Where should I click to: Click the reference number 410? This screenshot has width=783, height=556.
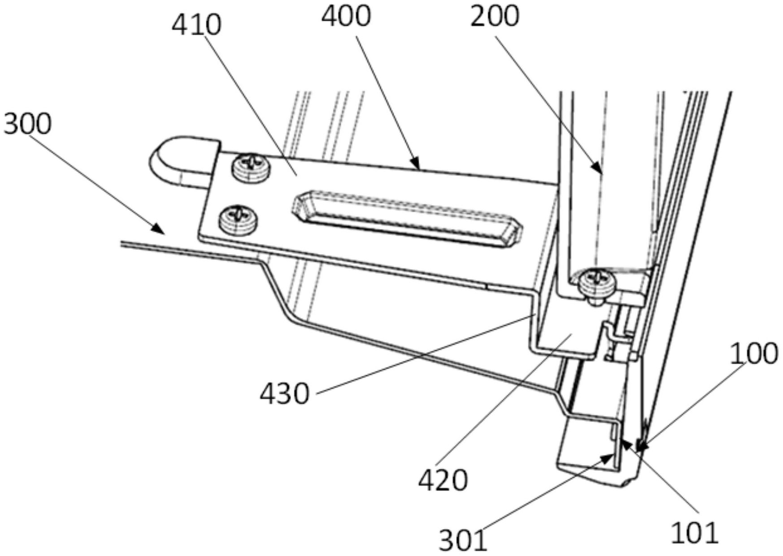point(196,25)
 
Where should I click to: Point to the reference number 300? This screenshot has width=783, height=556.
point(27,124)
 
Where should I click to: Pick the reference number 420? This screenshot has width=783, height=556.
point(443,481)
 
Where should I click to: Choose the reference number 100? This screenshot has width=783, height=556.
point(754,354)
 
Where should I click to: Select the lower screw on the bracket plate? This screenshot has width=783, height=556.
point(238,220)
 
